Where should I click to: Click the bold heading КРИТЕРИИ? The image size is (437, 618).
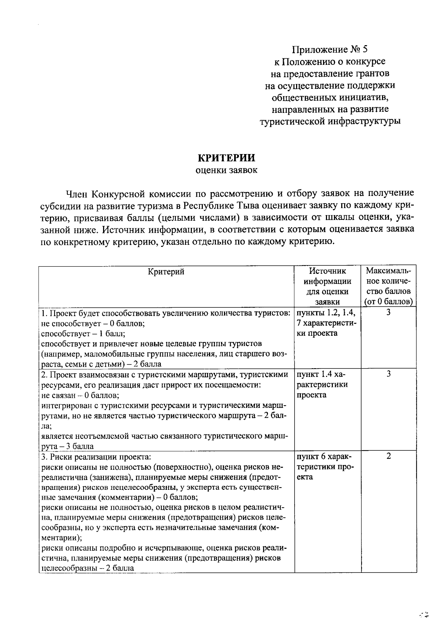226,158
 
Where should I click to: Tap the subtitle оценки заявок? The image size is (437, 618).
226,170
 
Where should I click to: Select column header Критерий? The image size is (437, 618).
166,271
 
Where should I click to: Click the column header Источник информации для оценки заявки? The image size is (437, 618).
327,286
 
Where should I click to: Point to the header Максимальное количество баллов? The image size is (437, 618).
388,286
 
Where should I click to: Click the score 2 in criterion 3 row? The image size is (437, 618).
389,456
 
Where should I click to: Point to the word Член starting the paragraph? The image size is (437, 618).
76,193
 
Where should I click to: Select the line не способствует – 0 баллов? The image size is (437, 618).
93,323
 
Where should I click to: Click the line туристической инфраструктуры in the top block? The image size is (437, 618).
330,121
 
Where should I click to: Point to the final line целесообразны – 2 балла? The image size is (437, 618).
88,568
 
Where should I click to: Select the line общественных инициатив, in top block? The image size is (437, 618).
330,97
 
